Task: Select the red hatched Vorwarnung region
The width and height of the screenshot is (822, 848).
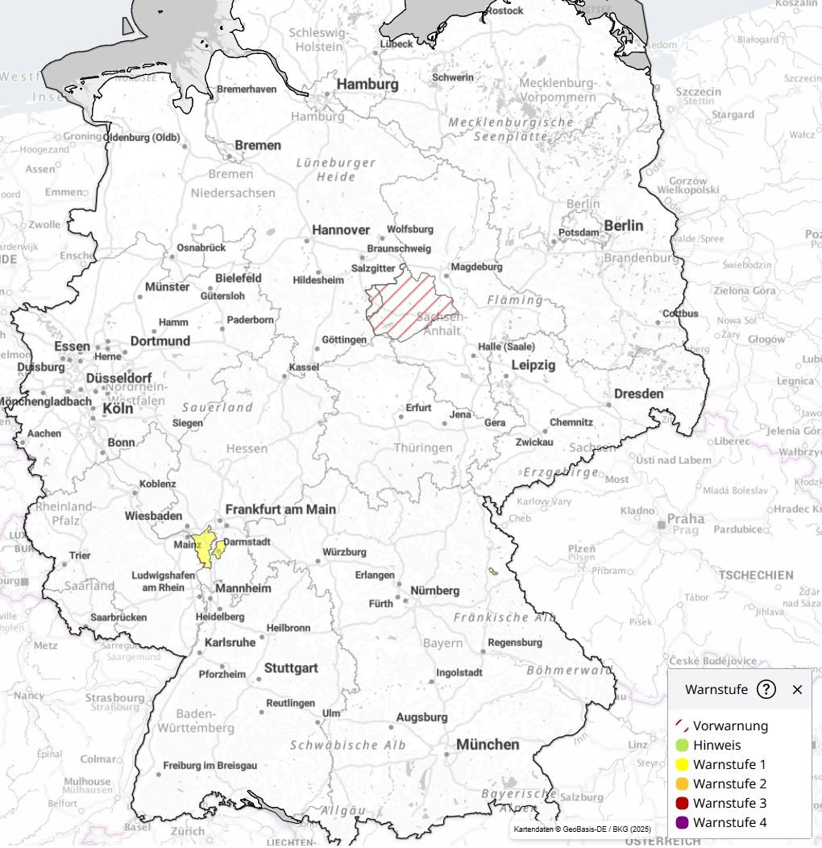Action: [407, 307]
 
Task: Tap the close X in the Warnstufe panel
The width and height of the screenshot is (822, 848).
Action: [797, 689]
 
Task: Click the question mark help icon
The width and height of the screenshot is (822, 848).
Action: [766, 689]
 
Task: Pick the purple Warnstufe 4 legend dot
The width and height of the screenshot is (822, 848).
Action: [681, 822]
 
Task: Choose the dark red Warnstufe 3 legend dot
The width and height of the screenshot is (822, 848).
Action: [681, 803]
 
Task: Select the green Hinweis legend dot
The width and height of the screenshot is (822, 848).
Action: [681, 745]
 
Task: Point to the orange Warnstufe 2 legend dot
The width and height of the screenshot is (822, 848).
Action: [681, 784]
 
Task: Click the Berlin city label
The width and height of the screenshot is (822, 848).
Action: [623, 226]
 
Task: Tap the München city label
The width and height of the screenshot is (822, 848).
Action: [488, 745]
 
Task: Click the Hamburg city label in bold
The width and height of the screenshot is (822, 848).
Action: [367, 84]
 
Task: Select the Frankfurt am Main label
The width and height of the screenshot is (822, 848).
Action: [280, 509]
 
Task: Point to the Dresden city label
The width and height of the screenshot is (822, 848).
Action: [638, 394]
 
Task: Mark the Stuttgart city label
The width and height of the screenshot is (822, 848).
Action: [291, 668]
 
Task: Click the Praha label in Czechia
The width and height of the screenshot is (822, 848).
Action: [685, 519]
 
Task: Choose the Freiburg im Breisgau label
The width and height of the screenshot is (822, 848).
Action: [210, 765]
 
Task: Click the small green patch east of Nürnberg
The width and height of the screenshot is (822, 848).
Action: [492, 572]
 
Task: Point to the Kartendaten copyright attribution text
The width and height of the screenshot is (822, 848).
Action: [581, 829]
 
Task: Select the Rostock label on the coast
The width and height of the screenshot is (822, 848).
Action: [504, 10]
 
